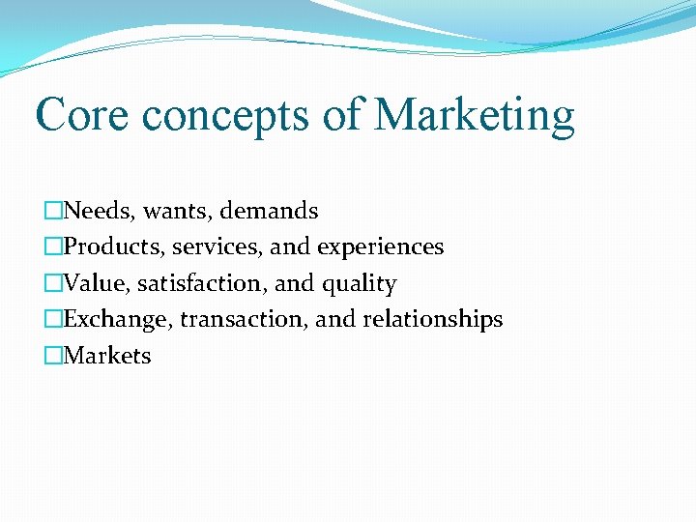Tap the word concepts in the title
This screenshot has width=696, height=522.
(222, 115)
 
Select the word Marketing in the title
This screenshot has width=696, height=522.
(475, 117)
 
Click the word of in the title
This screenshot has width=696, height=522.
(341, 115)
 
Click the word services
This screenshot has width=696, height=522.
(218, 247)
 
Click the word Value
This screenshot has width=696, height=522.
(97, 283)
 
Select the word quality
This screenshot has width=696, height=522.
(360, 285)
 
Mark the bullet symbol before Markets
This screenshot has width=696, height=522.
(53, 356)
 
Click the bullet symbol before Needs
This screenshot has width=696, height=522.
(53, 211)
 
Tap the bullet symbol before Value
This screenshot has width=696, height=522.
(53, 283)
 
